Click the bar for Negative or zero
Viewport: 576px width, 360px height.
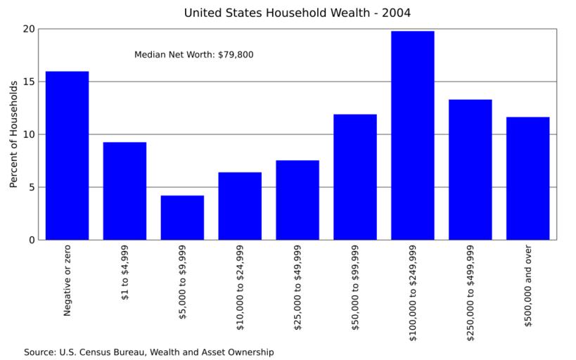[67, 155]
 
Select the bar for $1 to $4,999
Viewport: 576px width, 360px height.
[124, 191]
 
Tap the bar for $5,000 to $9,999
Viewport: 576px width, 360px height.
[182, 217]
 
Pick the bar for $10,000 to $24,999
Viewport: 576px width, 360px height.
[240, 206]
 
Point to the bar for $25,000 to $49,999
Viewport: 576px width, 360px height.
[297, 200]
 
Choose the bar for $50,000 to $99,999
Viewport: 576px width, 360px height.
[355, 176]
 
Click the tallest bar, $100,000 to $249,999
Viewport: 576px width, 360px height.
[413, 135]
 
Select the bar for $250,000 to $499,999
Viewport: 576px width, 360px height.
[471, 169]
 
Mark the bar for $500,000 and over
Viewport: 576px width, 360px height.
[528, 178]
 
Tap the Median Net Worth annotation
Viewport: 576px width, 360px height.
[194, 54]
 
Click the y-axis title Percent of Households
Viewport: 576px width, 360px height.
[13, 134]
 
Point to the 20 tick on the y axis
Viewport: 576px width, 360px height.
[28, 29]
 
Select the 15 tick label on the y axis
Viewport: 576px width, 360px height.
[28, 82]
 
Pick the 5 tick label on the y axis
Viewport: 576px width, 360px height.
[31, 187]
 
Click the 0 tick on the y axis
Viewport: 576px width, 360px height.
[31, 240]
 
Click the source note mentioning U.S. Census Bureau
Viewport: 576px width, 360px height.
[148, 352]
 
